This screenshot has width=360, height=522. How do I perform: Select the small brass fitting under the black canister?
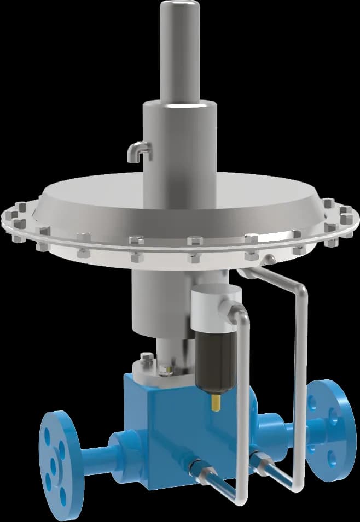point(215,403)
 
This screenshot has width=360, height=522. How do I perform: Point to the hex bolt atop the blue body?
point(147,359)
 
